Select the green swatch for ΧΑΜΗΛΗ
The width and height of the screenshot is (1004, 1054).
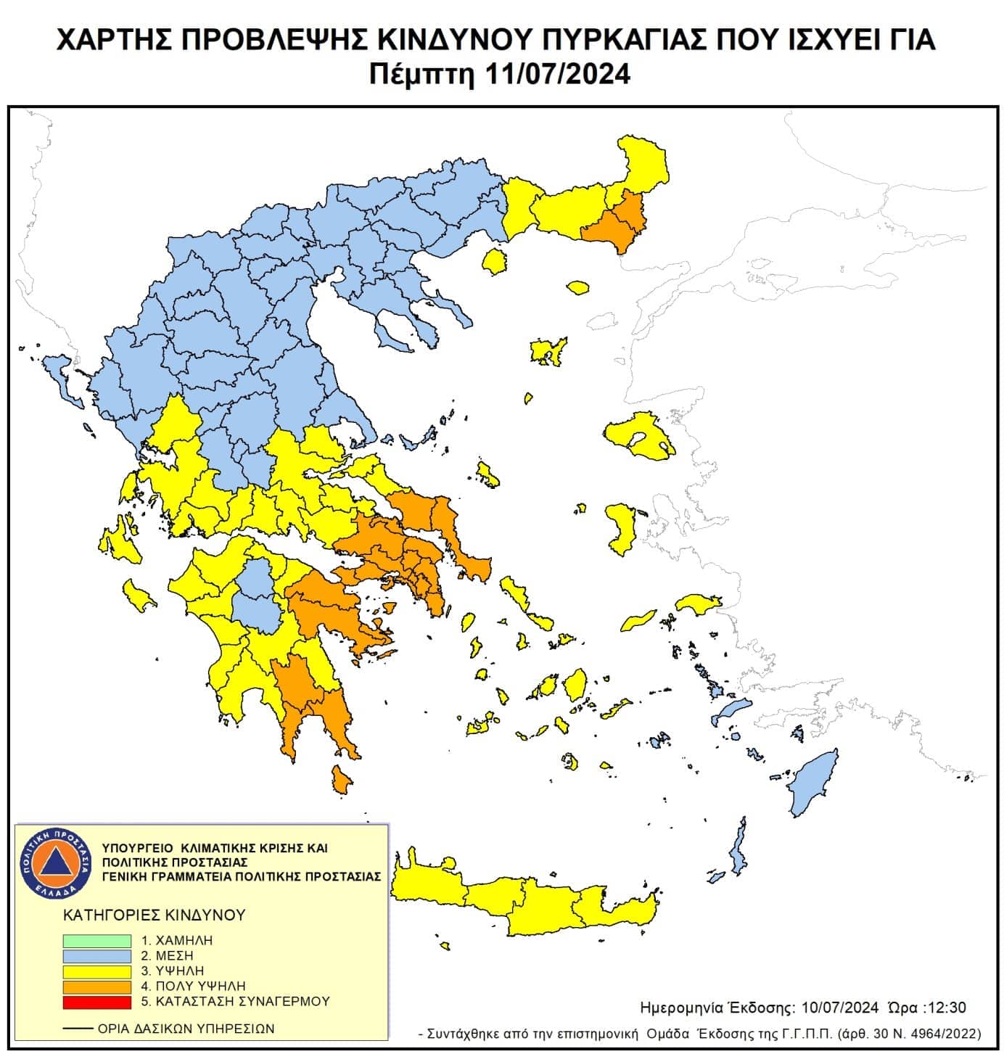click(96, 940)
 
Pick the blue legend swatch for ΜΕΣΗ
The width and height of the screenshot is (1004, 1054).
click(96, 955)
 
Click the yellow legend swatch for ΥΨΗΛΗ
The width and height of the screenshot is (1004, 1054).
click(96, 971)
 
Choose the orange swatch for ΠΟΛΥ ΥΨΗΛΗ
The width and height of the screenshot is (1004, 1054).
click(96, 987)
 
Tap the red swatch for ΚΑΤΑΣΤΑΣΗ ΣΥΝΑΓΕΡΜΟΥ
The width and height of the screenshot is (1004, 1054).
click(96, 1002)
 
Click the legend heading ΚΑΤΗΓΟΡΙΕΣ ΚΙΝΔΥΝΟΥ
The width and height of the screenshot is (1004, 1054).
click(155, 915)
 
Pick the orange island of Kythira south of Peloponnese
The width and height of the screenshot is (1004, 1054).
click(342, 781)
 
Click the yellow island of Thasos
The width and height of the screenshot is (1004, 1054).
click(495, 261)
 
